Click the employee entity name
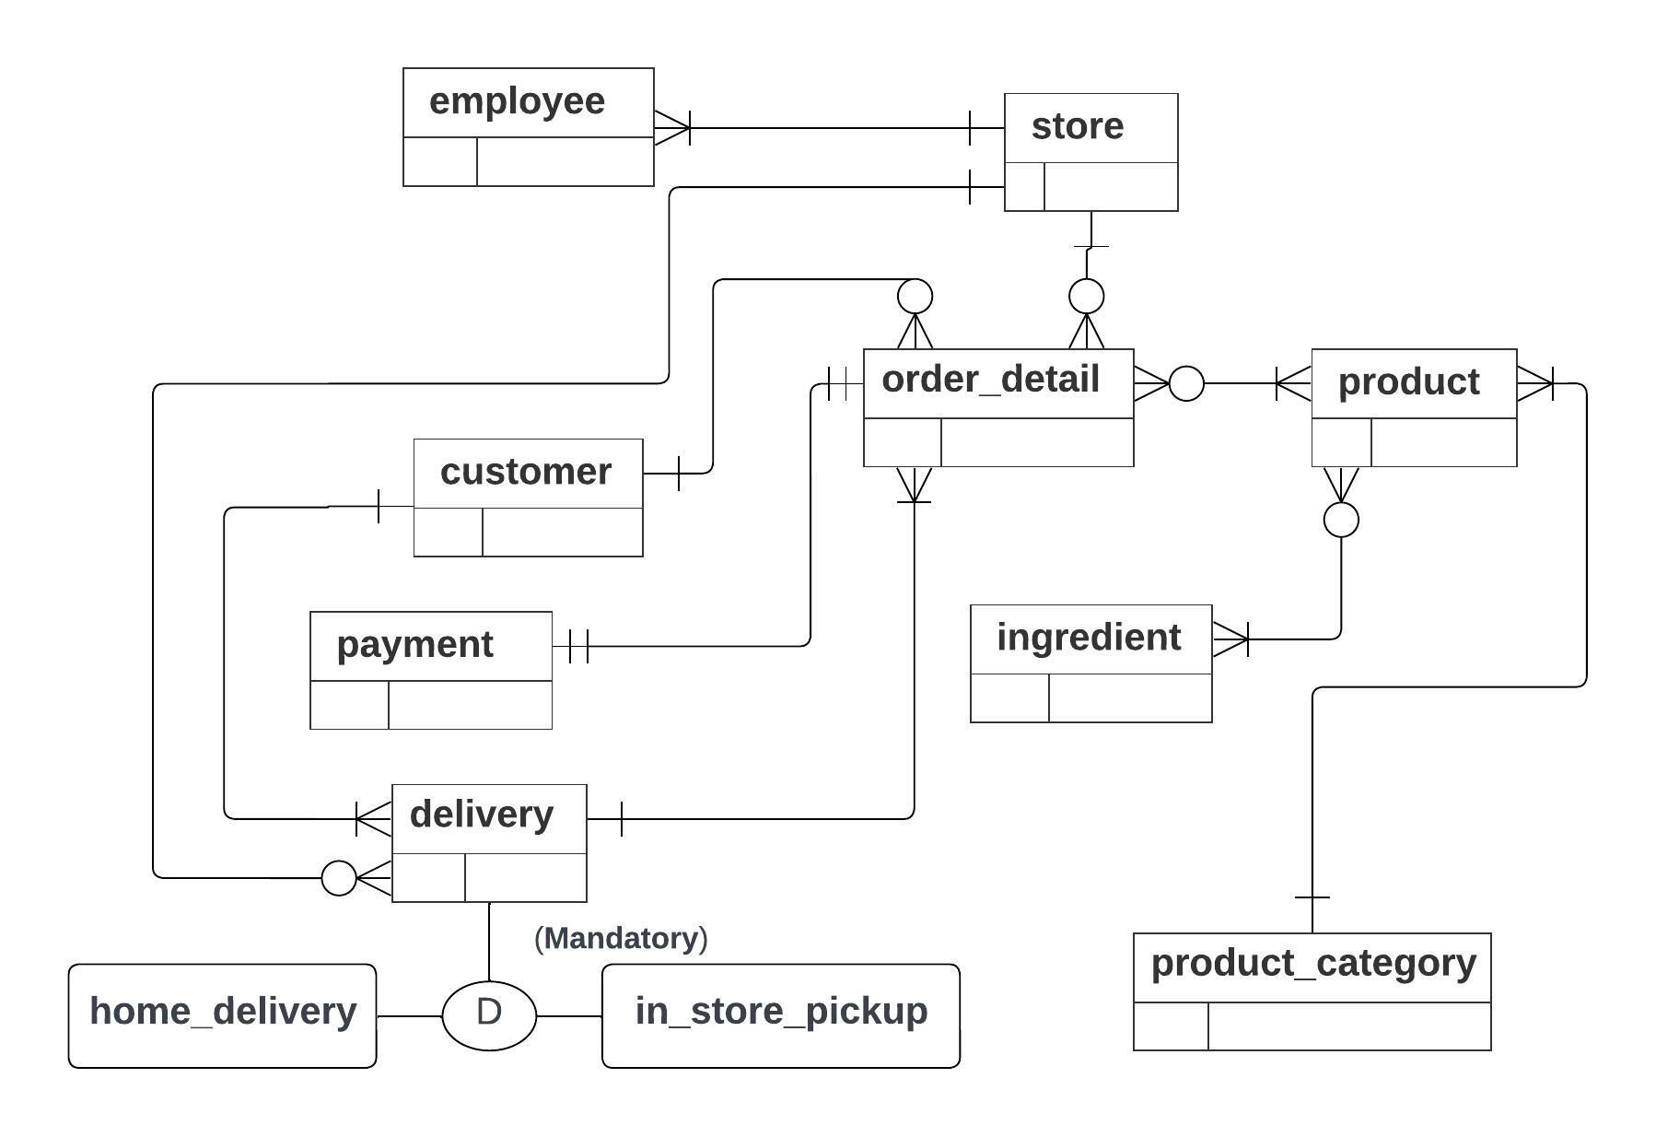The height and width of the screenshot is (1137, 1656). point(517,101)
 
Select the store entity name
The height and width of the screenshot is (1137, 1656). point(1077,126)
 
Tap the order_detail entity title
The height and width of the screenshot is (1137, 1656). point(990,380)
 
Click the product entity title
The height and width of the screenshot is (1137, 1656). point(1407,381)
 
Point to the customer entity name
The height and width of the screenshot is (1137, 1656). point(525,472)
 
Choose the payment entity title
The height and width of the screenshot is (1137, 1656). point(414,644)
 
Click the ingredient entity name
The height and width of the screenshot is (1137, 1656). point(1088,638)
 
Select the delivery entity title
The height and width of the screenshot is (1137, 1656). point(481,815)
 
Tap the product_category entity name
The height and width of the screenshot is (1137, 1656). point(1312,963)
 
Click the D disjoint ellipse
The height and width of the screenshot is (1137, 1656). point(489,1014)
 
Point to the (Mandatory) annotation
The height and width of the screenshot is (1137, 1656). point(621,939)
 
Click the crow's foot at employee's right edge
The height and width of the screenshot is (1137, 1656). point(671,127)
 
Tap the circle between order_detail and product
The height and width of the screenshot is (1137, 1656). point(1186,382)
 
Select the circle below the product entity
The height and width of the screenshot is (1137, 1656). point(1340,520)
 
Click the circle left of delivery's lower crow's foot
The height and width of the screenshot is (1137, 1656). point(338,877)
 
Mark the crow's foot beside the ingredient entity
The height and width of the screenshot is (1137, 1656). point(1230,639)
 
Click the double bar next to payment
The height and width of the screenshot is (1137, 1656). point(578,646)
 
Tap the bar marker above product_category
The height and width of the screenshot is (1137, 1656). point(1312,897)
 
